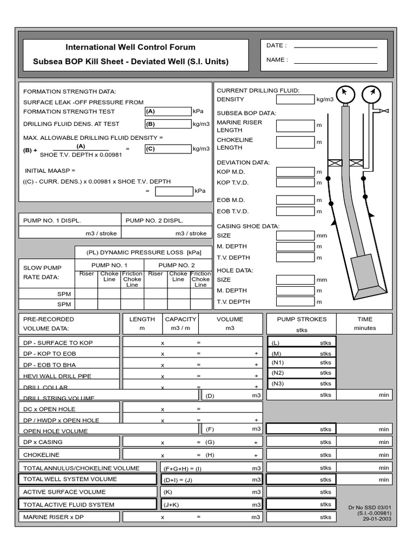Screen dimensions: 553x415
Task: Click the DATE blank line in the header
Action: click(x=335, y=47)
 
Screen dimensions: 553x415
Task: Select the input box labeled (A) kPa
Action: click(x=168, y=111)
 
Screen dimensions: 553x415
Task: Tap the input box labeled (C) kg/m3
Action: click(x=168, y=149)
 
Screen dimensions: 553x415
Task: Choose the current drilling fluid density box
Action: click(x=295, y=99)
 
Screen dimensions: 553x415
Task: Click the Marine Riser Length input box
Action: click(x=295, y=126)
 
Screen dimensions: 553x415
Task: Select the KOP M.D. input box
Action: click(x=295, y=172)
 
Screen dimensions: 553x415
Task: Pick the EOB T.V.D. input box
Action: click(x=295, y=212)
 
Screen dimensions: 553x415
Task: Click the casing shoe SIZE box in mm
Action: click(x=295, y=235)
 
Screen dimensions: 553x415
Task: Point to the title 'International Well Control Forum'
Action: click(x=130, y=48)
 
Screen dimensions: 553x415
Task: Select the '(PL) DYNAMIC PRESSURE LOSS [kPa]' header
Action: click(x=143, y=252)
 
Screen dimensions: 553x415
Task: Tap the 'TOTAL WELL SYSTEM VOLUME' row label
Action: click(x=70, y=479)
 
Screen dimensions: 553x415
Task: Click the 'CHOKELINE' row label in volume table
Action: click(x=42, y=455)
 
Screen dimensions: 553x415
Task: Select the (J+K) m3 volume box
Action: click(x=211, y=504)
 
